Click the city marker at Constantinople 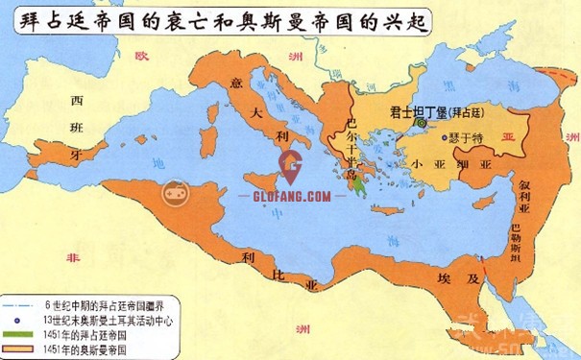[420, 122]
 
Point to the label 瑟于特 [465, 138]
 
